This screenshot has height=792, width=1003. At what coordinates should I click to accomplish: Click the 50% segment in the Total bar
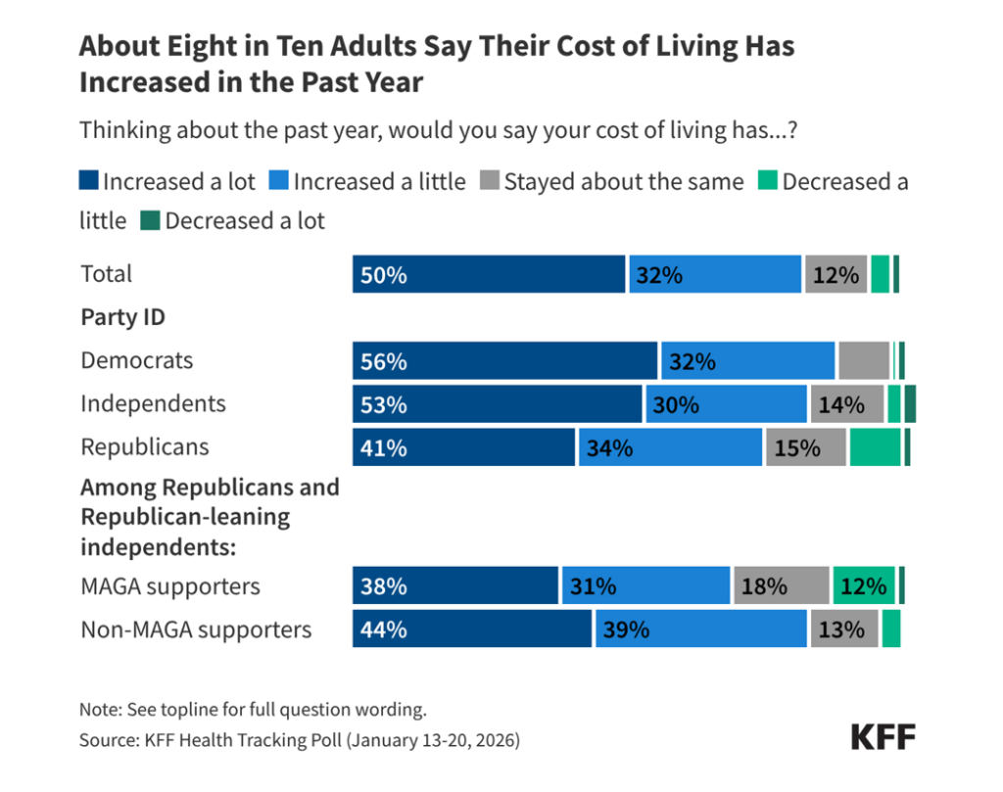488,274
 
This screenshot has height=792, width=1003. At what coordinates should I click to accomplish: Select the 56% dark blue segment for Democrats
504,360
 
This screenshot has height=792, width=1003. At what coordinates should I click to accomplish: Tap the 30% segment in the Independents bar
726,403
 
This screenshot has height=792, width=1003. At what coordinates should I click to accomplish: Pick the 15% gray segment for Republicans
805,446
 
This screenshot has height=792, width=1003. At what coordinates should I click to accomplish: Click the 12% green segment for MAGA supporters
864,585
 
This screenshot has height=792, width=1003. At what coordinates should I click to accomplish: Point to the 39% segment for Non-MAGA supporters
701,629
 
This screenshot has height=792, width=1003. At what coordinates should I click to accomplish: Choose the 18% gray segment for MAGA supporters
781,585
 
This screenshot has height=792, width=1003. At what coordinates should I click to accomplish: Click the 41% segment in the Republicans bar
464,446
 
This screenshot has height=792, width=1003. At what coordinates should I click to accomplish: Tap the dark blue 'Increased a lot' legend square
88,181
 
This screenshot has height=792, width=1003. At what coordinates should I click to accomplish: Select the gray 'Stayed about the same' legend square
489,181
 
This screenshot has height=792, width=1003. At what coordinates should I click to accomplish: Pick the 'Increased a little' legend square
279,181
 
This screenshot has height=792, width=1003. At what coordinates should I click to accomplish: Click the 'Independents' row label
153,403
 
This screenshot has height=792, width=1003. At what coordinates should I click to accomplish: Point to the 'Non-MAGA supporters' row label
196,629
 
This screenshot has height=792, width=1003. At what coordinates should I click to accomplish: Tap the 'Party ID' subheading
122,317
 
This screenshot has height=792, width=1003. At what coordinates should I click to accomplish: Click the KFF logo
883,737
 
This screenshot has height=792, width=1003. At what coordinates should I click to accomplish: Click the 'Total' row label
106,273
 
